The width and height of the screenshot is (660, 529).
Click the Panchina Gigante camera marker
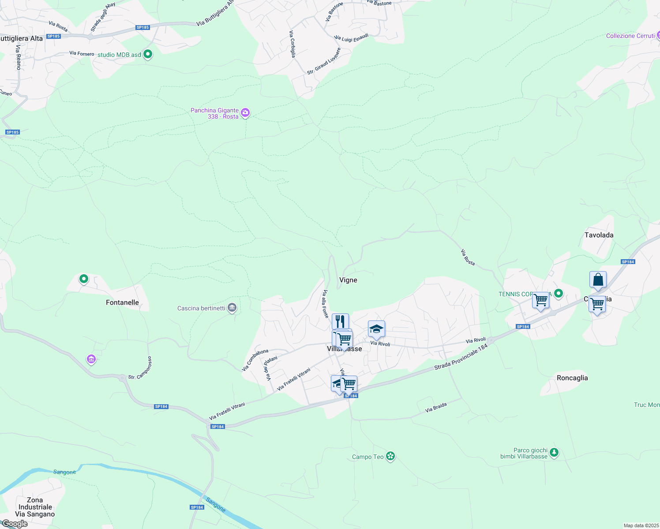click(245, 113)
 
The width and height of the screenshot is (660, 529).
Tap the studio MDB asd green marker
click(148, 55)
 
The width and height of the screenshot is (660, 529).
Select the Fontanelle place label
click(122, 302)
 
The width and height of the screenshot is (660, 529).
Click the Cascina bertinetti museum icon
click(232, 308)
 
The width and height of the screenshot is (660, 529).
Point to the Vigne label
click(348, 280)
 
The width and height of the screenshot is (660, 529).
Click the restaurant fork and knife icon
click(340, 321)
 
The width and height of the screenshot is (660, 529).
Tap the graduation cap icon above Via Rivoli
click(376, 329)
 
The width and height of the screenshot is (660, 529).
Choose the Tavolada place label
click(599, 235)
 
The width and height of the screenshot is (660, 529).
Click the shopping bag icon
click(598, 279)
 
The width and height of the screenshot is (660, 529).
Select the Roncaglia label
click(572, 378)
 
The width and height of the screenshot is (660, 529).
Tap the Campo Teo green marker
click(390, 456)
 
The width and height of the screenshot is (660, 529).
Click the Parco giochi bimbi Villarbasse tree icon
click(554, 452)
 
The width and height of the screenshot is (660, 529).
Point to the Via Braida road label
click(436, 407)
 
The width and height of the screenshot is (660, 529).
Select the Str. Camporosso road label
click(140, 368)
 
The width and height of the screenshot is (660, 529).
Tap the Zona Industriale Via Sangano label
click(35, 507)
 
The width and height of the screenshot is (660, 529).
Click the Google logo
click(15, 524)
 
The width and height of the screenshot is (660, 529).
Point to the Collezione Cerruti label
click(630, 36)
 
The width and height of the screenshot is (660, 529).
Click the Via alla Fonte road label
click(326, 304)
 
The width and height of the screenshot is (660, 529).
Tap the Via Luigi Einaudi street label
click(351, 38)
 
